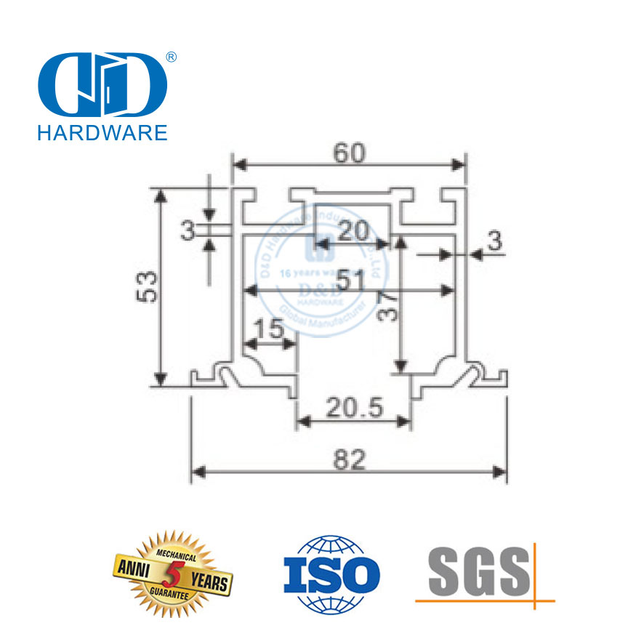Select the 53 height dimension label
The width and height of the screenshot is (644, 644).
point(148,286)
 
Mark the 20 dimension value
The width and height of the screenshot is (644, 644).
point(353,231)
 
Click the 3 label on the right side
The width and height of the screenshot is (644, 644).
point(494,241)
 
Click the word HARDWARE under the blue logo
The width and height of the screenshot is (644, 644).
point(102,132)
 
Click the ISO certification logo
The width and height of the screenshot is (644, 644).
point(331,573)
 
